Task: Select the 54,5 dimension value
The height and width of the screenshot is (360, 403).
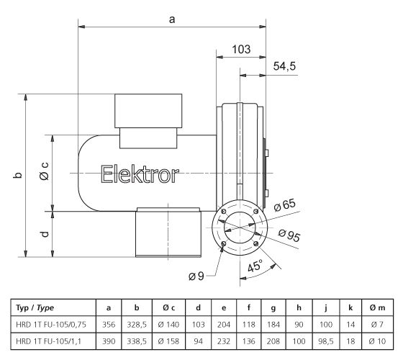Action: pos(284,66)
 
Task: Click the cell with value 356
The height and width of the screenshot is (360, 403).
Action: pos(107,323)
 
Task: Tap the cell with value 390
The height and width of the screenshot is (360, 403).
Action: pos(107,340)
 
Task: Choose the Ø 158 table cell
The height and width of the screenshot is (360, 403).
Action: pos(167,340)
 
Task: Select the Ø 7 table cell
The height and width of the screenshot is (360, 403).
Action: pos(376,323)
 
